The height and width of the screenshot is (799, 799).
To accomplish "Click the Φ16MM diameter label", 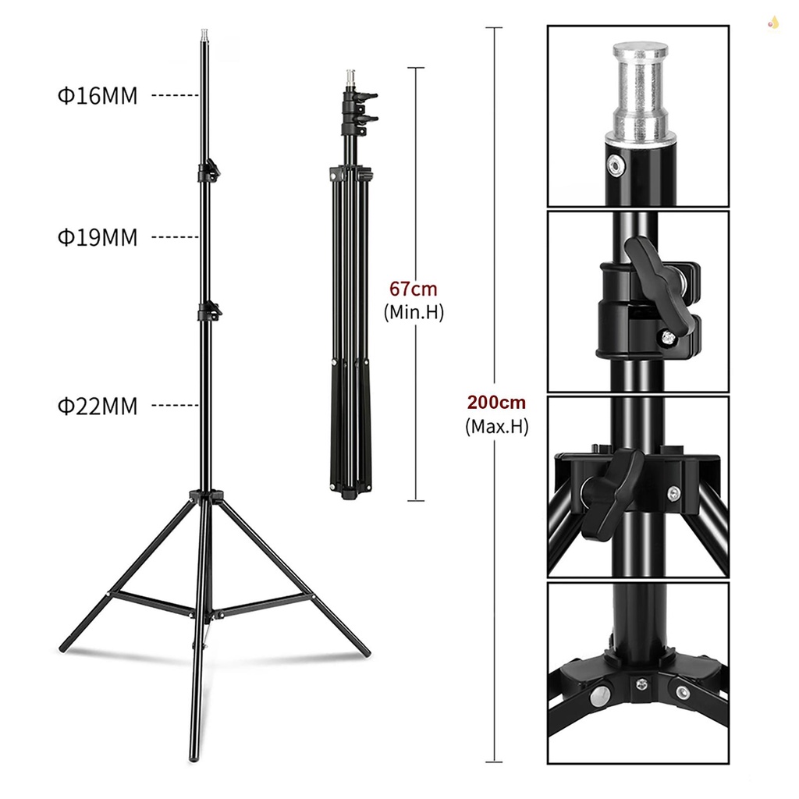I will click(x=97, y=96).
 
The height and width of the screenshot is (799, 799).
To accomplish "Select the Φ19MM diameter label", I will click(x=97, y=237).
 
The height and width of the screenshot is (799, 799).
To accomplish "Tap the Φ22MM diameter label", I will click(x=97, y=406).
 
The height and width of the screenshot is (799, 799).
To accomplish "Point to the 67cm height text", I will click(x=414, y=289).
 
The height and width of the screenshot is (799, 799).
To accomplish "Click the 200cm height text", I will click(x=496, y=403).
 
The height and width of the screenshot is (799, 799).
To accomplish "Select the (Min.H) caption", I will click(x=414, y=312).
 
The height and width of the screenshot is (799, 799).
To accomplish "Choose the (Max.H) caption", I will click(x=496, y=427).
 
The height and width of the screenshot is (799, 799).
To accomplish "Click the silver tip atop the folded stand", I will click(x=349, y=78).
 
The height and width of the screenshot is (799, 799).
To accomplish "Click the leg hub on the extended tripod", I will click(x=205, y=496).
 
